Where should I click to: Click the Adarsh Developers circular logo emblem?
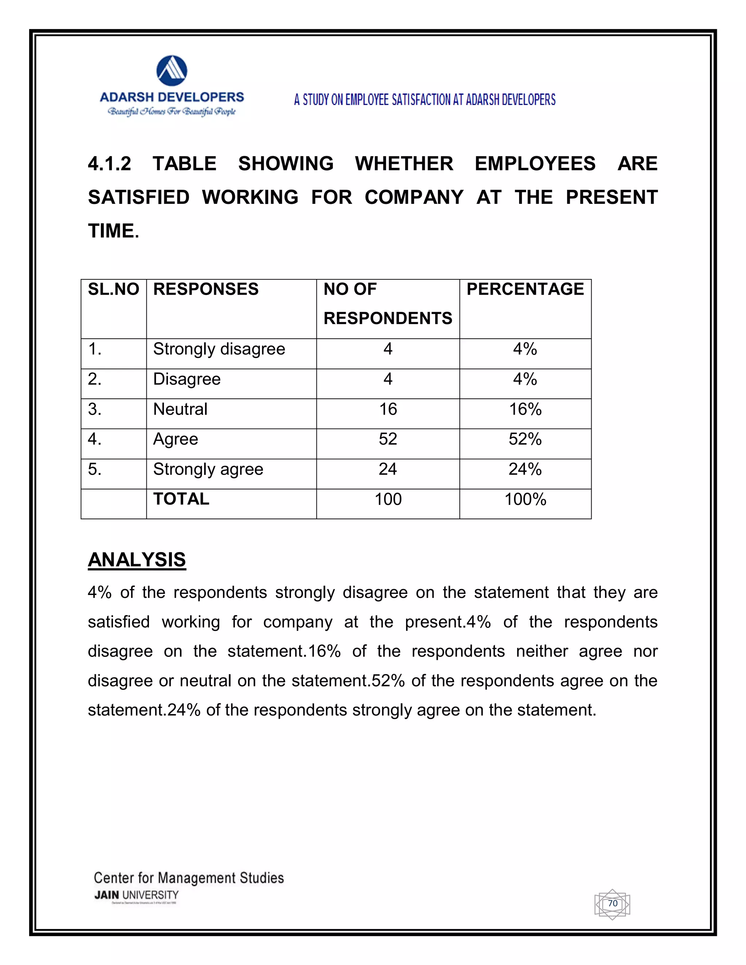coord(172,71)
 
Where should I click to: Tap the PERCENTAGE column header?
coord(525,289)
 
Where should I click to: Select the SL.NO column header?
coord(114,289)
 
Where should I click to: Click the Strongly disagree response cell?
coord(219,349)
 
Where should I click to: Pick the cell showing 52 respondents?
coord(388,439)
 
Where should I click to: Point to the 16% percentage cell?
coord(525,409)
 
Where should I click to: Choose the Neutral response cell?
coord(180,409)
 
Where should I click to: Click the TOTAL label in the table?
coord(181,499)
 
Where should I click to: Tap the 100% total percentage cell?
coord(525,499)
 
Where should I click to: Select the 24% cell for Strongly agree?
coord(525,469)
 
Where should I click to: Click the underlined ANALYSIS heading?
coord(137,560)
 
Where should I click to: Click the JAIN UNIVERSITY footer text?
coord(137,895)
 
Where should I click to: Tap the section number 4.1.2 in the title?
coord(110,164)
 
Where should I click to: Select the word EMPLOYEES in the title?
coord(535,164)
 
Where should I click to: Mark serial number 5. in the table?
coord(95,469)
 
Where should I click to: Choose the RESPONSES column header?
coord(206,289)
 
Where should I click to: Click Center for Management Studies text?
coord(189,878)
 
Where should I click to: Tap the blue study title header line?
coord(425,100)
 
